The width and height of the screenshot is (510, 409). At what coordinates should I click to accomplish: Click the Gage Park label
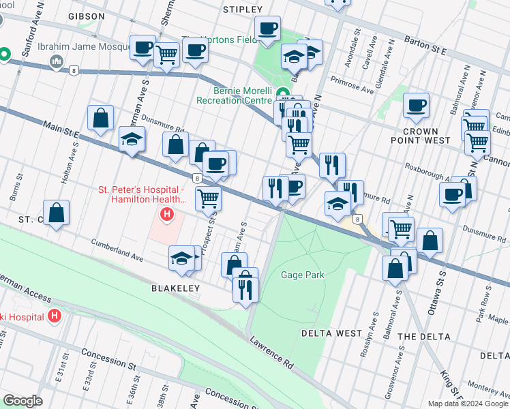point(303,275)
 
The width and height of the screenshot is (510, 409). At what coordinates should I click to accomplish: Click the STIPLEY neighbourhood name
point(242,9)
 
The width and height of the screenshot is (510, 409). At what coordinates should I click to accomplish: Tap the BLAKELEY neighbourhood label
point(175,288)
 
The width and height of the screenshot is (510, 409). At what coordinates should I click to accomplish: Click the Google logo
point(22,401)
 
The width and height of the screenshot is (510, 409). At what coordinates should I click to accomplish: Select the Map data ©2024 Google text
point(467,404)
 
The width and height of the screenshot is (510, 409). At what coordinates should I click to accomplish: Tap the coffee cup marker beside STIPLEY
point(268,29)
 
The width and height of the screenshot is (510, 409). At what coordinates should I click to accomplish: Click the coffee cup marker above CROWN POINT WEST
point(416,105)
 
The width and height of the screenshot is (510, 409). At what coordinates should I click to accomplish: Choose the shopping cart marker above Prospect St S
point(208,198)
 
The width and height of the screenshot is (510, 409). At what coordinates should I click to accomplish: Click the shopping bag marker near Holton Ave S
point(101,118)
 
